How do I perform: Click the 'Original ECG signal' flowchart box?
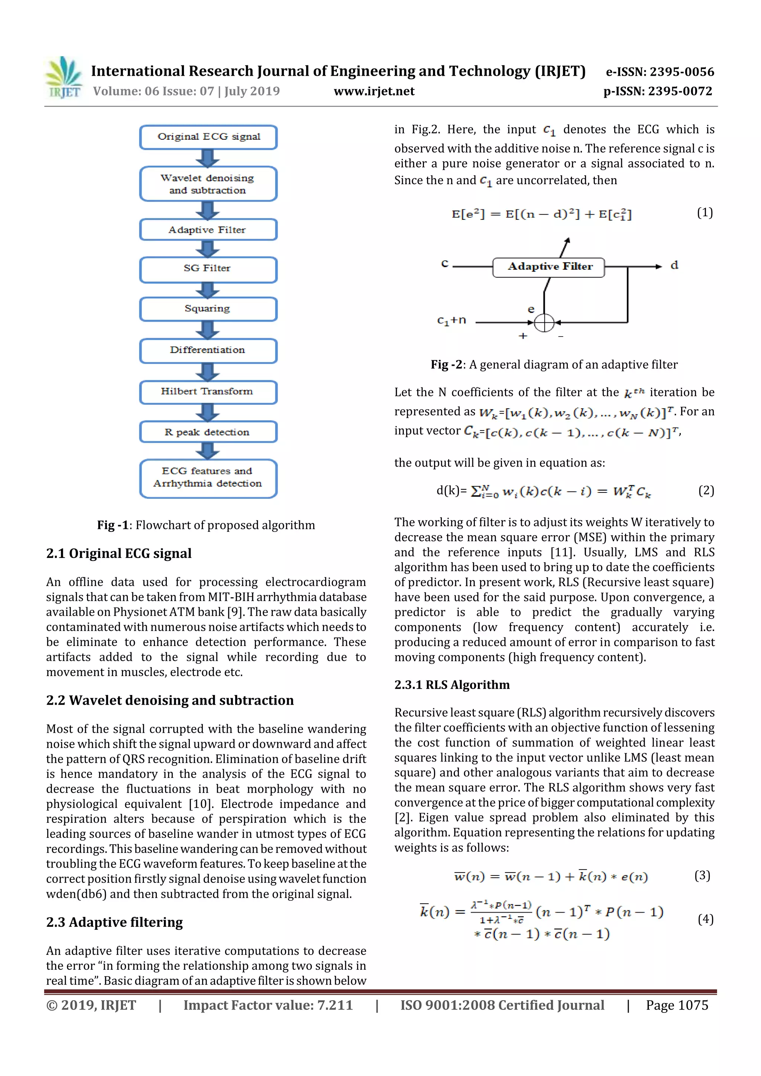tap(208, 137)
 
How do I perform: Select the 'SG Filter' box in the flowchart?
tap(208, 269)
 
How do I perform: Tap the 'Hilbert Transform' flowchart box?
tap(208, 392)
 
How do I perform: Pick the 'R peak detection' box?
tap(208, 432)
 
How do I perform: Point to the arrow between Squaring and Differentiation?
tap(208, 330)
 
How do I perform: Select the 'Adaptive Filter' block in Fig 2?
tap(548, 267)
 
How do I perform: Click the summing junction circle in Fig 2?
tap(544, 322)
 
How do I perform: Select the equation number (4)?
tap(705, 919)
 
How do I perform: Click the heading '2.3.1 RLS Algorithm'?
tap(451, 685)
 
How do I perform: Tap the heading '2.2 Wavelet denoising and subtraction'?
tap(170, 700)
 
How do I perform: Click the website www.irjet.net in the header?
tap(374, 91)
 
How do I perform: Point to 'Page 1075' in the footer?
tap(677, 1005)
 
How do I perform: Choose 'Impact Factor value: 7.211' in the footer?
tap(268, 1005)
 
